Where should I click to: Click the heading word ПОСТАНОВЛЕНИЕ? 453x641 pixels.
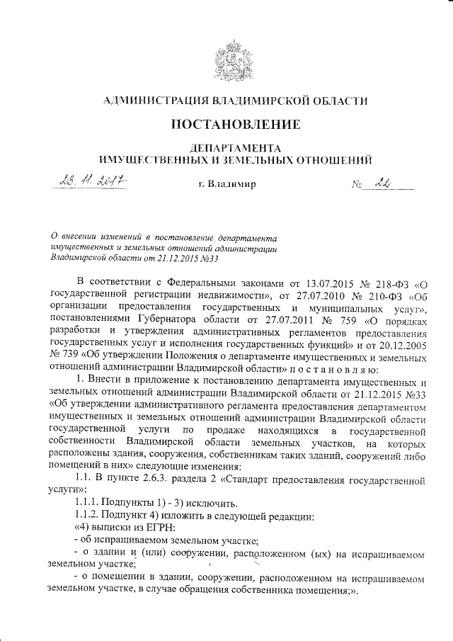(226, 125)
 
